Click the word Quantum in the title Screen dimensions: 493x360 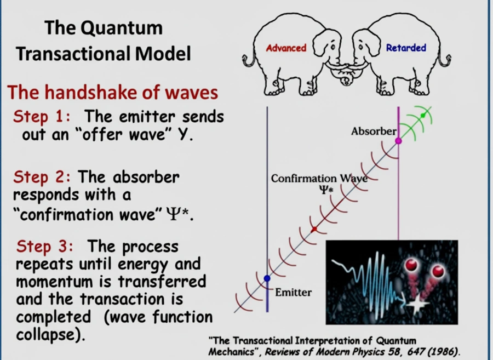pos(122,28)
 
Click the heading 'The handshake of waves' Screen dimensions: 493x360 pos(112,93)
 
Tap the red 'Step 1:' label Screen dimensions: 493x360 pos(42,116)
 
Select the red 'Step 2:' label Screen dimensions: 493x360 pos(42,176)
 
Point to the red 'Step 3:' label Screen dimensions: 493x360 pos(44,246)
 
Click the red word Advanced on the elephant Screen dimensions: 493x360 pos(286,48)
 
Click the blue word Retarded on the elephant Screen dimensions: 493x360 pos(406,48)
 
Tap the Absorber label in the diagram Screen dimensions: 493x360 pos(374,131)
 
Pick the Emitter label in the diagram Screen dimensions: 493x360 pos(294,293)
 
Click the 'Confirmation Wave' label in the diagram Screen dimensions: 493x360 pos(319,179)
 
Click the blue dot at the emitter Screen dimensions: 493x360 pos(267,278)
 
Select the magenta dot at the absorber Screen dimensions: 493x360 pos(398,141)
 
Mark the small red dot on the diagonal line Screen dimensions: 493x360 pos(314,230)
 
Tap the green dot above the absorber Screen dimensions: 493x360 pos(423,116)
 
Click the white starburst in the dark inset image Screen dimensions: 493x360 pos(417,304)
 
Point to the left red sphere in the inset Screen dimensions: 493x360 pos(411,265)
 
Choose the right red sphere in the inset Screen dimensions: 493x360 pos(438,271)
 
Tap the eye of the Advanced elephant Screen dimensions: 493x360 pos(333,47)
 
